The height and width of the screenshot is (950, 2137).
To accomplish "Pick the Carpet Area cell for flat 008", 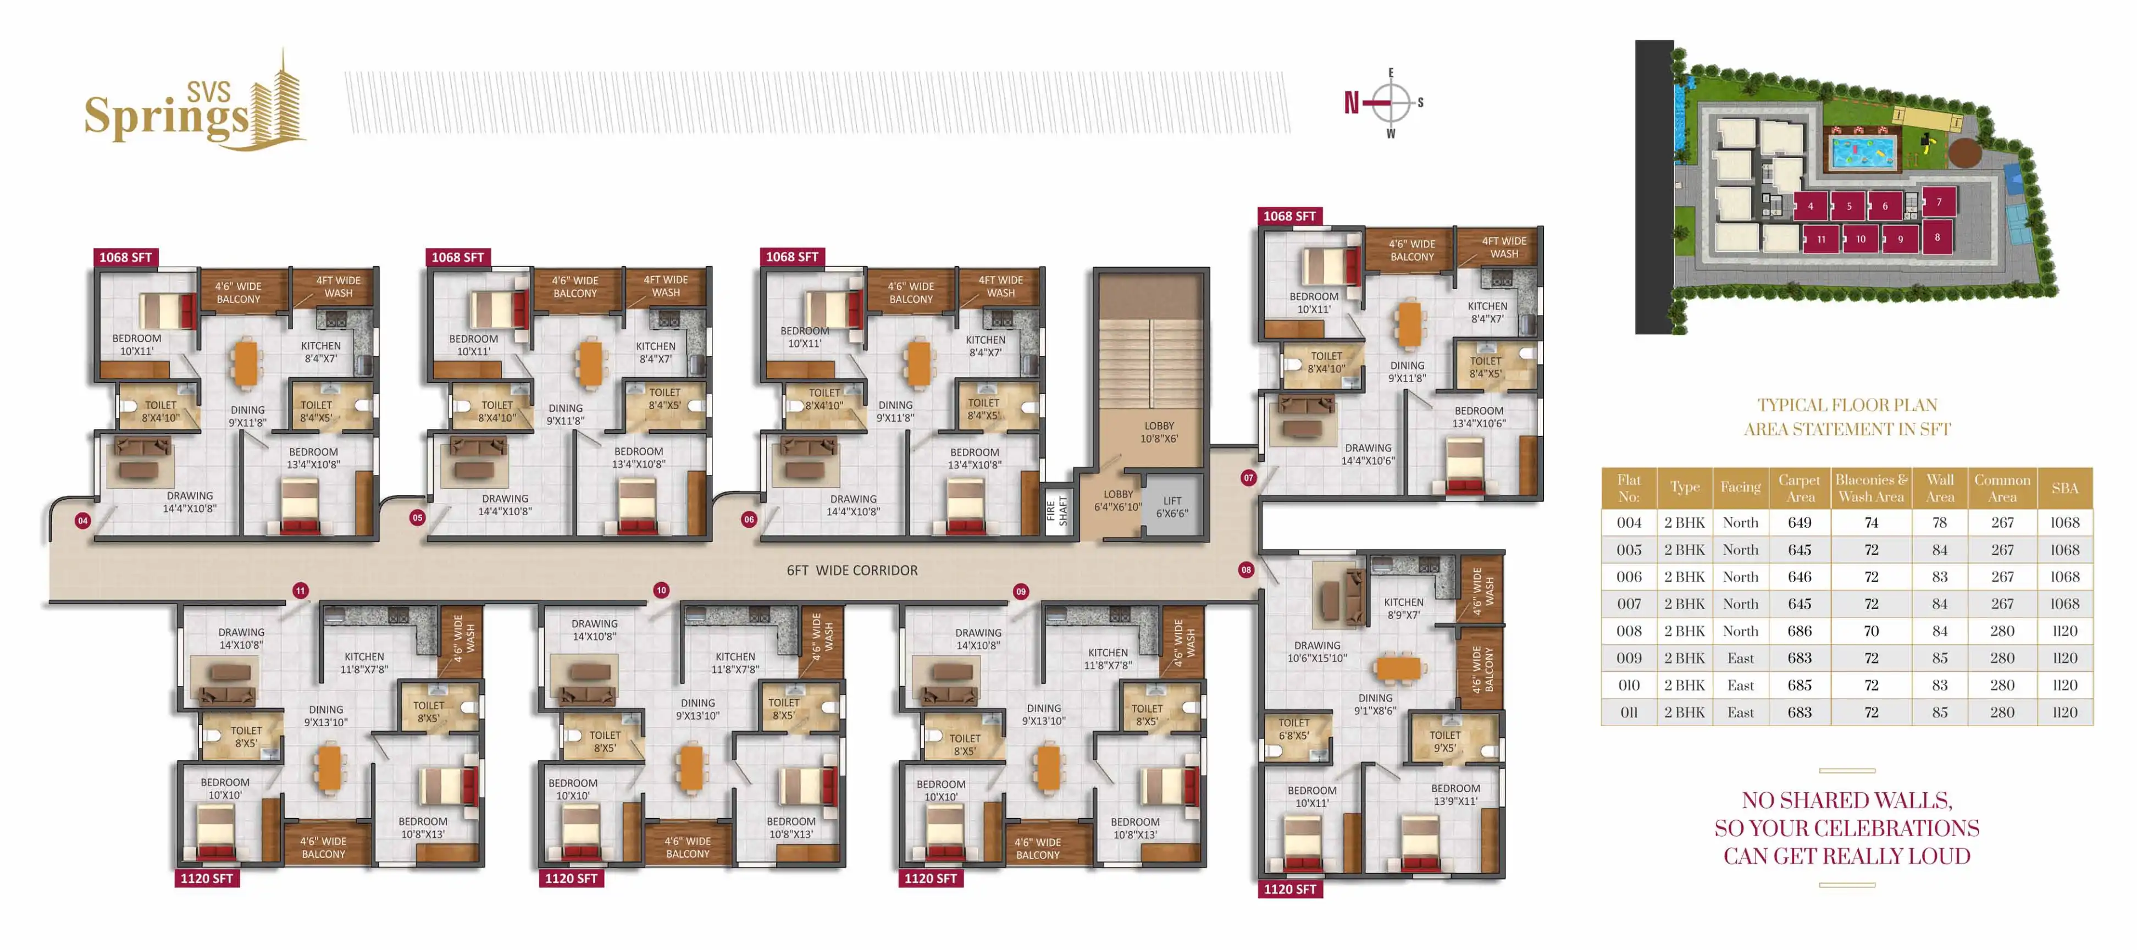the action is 1800,631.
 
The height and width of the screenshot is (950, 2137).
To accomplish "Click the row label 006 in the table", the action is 1629,577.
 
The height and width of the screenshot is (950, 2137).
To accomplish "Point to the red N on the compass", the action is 1352,103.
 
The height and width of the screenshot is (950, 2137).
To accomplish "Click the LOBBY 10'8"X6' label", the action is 1159,432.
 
